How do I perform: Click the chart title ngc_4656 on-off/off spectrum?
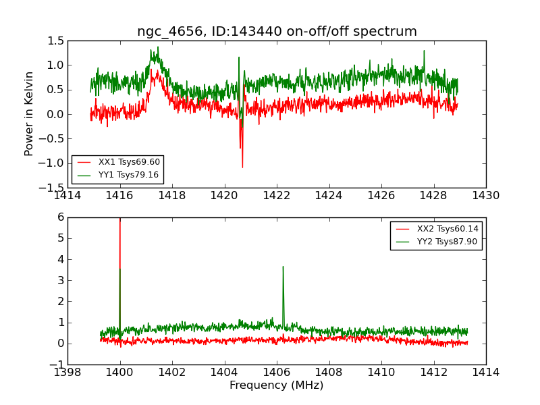[x=277, y=32]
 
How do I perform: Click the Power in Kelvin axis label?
[x=29, y=113]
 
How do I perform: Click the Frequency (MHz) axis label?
[x=277, y=385]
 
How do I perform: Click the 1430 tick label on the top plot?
[x=485, y=196]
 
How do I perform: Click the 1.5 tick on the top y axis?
[x=57, y=41]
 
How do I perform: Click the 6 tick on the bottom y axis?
[x=60, y=217]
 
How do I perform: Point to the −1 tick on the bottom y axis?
[x=57, y=365]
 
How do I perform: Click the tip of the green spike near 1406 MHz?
[x=283, y=267]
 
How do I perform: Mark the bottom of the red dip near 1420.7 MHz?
[x=242, y=167]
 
